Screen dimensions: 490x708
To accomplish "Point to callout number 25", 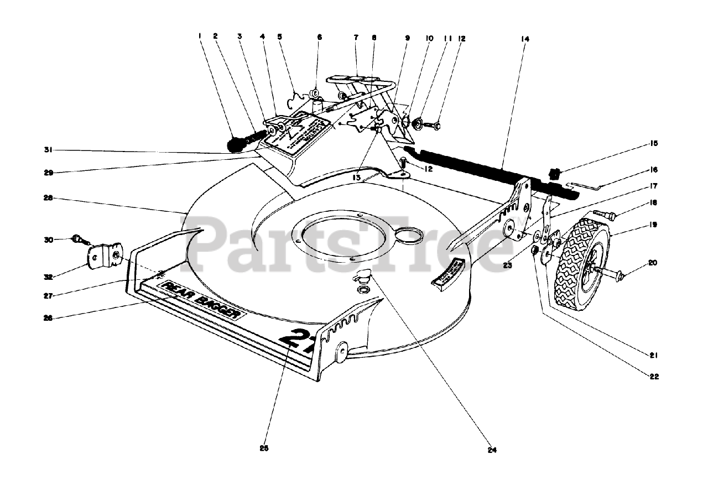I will click(264, 448).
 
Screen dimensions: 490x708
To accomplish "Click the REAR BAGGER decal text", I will click(201, 300).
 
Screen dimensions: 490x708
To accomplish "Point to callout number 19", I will click(654, 225).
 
